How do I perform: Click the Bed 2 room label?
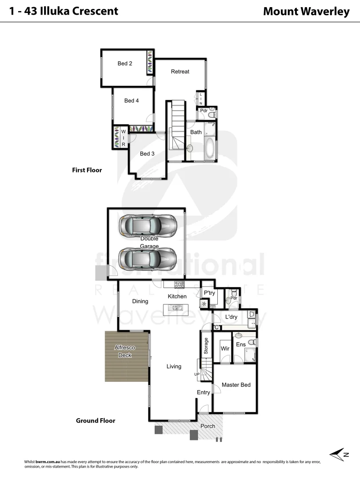(125, 64)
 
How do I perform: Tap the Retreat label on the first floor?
(180, 72)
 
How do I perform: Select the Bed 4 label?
(132, 101)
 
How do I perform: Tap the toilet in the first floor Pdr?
(212, 114)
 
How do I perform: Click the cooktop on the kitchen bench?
(180, 284)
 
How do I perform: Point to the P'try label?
(209, 293)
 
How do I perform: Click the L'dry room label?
(231, 317)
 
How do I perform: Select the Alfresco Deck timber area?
(126, 356)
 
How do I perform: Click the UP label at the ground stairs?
(196, 374)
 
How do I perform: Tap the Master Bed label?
(236, 385)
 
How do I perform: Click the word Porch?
(208, 426)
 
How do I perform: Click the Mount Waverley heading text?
(306, 12)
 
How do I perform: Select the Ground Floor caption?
(96, 420)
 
